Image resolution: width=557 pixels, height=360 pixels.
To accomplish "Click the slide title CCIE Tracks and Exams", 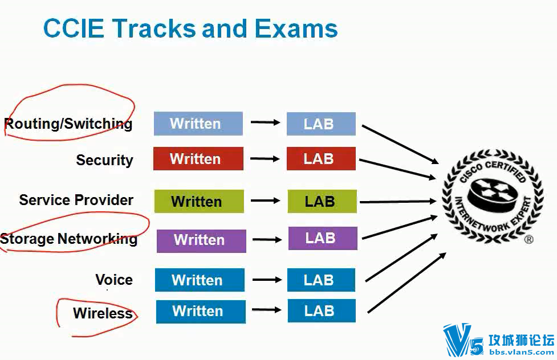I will (x=190, y=28).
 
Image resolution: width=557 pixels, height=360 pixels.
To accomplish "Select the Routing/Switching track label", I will (x=68, y=124).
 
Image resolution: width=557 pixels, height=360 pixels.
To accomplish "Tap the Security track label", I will (x=104, y=160).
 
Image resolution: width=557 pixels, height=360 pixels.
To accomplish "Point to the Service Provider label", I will (x=76, y=200).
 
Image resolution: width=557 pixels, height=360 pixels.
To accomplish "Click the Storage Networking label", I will (x=69, y=239).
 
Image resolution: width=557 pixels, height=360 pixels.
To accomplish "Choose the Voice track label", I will (x=114, y=280).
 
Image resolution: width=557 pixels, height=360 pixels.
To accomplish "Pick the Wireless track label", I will (x=103, y=313).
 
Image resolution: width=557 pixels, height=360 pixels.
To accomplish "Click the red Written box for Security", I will (x=198, y=158).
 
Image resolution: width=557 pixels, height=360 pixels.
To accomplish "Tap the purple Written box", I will (x=201, y=240).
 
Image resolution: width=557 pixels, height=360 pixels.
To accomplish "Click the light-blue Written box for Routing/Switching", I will (x=198, y=124).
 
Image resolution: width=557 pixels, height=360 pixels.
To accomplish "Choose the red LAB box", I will (x=321, y=158).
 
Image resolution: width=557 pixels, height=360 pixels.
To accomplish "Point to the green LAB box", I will (x=322, y=201).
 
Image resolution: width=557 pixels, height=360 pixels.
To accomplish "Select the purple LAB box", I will (x=323, y=238).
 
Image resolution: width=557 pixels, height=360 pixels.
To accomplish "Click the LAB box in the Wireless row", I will (x=322, y=311).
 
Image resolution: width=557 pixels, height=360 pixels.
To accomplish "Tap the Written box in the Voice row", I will (x=200, y=280).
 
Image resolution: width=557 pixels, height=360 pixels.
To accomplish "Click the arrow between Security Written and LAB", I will (x=265, y=158).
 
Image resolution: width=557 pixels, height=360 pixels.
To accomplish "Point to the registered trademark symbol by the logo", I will (x=528, y=240).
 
